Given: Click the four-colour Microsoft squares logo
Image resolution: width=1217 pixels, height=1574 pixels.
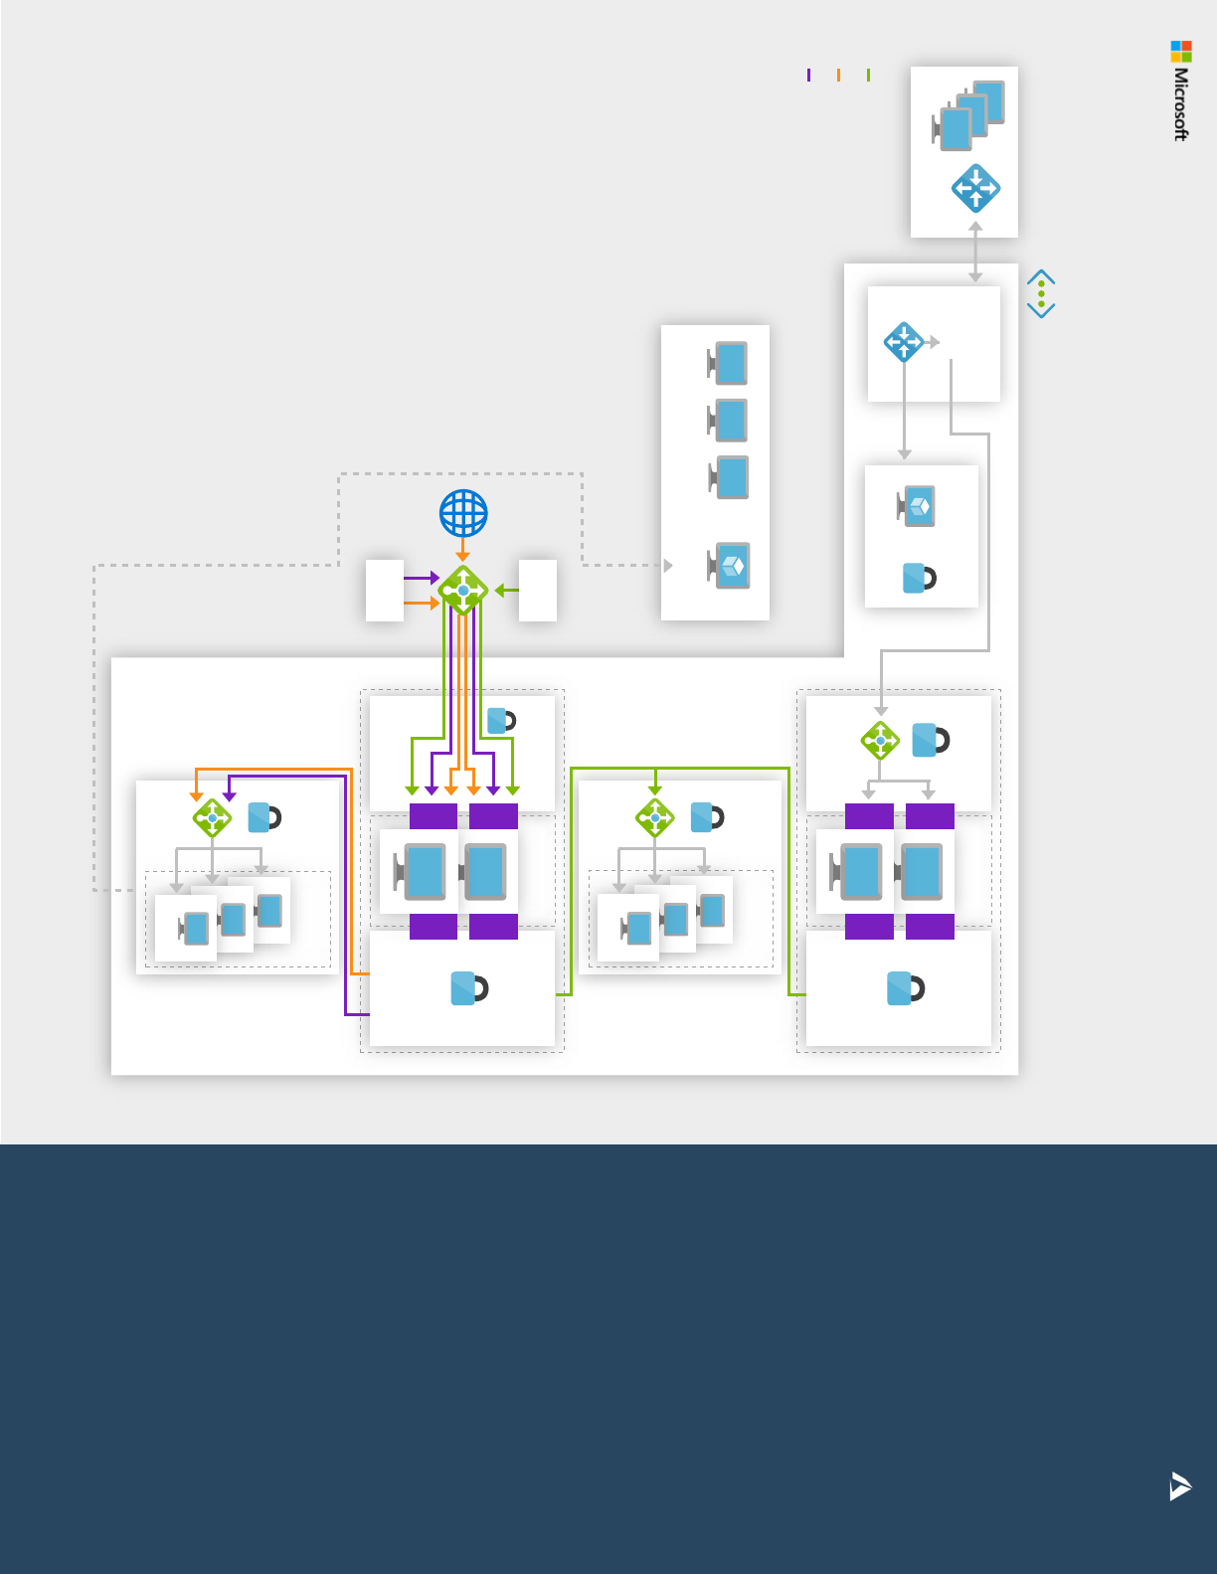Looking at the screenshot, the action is click(x=1181, y=52).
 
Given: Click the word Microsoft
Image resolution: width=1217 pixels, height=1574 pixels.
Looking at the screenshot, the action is click(x=1181, y=104).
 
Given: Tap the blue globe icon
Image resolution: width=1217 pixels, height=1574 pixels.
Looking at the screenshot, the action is click(x=463, y=514).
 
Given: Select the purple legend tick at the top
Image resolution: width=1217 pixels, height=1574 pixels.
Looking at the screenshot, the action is click(x=809, y=75).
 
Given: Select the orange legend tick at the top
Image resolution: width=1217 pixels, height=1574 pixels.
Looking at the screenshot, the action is click(x=839, y=75).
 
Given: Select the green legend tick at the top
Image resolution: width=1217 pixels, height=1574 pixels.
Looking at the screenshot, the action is click(x=869, y=75).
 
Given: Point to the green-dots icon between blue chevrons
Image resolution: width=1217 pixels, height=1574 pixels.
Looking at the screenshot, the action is click(x=1041, y=293).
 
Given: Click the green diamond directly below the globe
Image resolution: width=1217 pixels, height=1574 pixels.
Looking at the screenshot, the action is click(x=463, y=591).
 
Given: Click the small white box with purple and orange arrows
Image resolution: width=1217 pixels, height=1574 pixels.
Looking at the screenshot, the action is click(x=385, y=591).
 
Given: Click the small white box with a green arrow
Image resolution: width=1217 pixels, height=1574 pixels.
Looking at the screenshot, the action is click(x=538, y=591).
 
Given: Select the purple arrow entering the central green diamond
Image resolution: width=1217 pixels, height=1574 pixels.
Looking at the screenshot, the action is click(x=423, y=578).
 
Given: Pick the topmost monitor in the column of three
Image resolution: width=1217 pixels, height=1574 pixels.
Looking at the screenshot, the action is click(x=729, y=364).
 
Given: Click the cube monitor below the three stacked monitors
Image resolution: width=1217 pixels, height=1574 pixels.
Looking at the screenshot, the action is click(x=730, y=566).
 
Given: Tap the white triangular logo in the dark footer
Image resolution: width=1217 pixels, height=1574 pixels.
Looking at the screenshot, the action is click(x=1180, y=1486).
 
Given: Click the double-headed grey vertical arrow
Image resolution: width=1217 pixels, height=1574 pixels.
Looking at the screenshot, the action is click(x=975, y=252).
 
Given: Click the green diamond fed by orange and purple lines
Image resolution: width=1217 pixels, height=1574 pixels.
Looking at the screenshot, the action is click(x=212, y=818).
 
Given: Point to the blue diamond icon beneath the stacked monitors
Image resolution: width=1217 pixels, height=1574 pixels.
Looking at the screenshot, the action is click(x=975, y=188).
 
